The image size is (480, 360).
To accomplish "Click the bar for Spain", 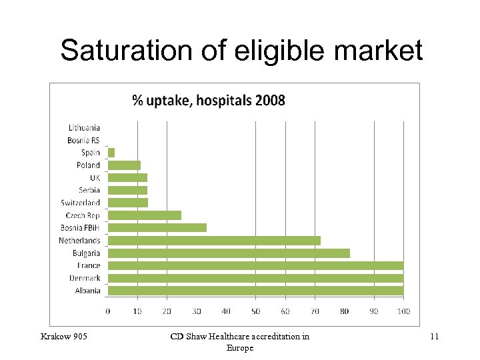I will [111, 153].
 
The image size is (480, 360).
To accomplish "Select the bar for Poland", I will [124, 165].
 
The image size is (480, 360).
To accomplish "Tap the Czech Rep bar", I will [145, 215].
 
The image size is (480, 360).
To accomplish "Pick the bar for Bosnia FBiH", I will [157, 227].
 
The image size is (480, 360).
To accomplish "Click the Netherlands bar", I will [214, 240].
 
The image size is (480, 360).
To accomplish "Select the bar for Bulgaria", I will [229, 253].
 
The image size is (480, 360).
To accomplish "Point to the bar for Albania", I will [255, 290].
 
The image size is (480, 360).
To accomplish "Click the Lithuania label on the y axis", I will [84, 127].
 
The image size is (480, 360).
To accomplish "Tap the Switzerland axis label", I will [81, 203].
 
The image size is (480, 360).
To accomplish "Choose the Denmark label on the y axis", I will [85, 278].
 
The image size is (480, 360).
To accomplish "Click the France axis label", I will [89, 265].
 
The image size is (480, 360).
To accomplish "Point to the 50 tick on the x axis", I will [255, 311].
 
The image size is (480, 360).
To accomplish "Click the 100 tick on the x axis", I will [403, 311].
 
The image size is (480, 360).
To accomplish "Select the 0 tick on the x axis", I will [108, 311].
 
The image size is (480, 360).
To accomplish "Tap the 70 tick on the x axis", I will [315, 311].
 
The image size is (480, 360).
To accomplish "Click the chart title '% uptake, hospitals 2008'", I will [209, 101].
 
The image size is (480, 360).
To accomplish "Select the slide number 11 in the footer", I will [434, 337].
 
